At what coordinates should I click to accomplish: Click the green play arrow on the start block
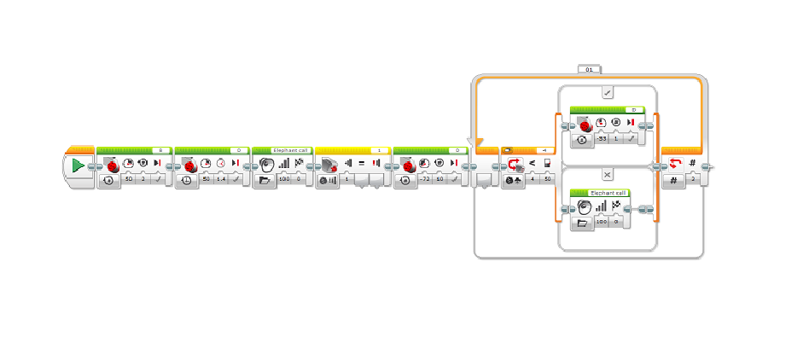click(x=78, y=165)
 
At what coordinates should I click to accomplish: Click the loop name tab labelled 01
click(x=590, y=67)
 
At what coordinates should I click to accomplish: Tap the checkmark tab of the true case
click(x=607, y=93)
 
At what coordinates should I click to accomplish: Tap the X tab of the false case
click(x=607, y=173)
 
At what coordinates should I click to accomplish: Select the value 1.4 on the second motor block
click(x=221, y=179)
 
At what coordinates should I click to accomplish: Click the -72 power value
click(x=424, y=179)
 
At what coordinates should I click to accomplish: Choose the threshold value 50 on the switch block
click(x=547, y=179)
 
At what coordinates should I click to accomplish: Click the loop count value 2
click(x=693, y=179)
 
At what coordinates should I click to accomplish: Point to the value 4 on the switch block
click(x=532, y=179)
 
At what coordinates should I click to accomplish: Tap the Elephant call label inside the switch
click(x=608, y=194)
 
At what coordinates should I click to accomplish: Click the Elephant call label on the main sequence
click(x=278, y=150)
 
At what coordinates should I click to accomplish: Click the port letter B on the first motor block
click(x=160, y=150)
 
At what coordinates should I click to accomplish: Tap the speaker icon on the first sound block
click(x=266, y=163)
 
